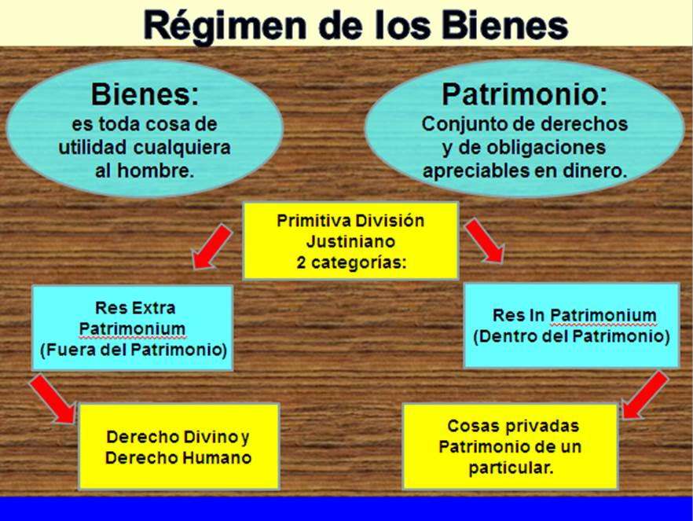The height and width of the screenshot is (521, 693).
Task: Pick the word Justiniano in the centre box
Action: [350, 241]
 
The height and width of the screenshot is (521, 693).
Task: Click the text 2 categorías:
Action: [351, 262]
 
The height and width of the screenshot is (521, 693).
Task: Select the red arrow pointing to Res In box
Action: [485, 240]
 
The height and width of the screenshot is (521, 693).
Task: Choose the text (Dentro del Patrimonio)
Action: [571, 337]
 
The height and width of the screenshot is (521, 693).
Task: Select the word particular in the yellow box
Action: [510, 468]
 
